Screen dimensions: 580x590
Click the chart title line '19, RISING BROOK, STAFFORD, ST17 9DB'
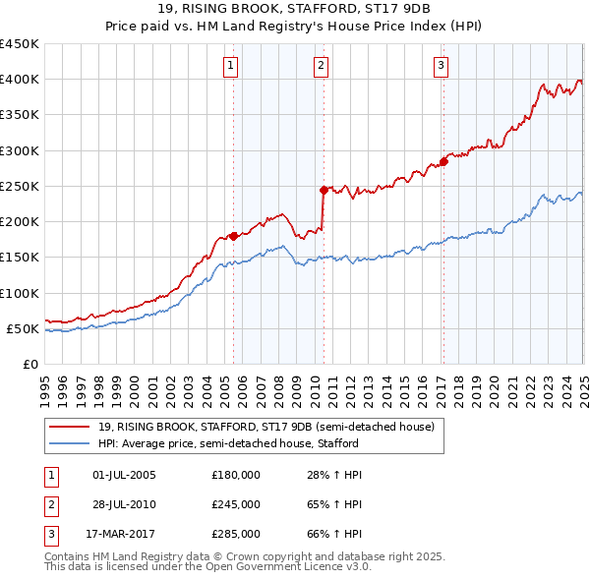294,11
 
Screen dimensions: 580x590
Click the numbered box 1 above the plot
231,66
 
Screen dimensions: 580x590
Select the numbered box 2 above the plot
322,66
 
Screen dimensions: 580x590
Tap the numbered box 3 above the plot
442,66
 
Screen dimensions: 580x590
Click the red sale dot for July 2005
233,236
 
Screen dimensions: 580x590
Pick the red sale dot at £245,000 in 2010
324,190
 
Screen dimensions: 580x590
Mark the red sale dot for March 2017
443,161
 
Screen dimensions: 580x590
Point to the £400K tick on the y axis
20,80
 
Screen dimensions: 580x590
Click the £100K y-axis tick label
20,293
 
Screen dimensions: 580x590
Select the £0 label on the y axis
29,364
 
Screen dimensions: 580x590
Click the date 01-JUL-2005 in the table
124,475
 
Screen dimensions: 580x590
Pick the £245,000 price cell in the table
236,504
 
